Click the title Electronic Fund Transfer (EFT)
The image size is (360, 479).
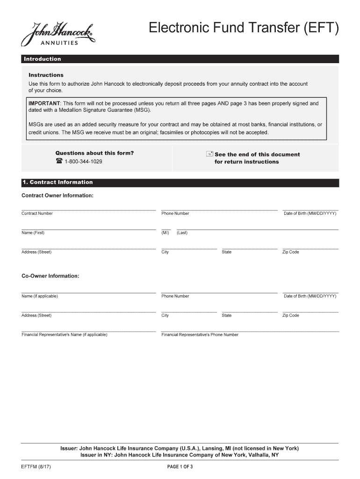click(x=243, y=29)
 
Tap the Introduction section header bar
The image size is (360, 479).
click(x=180, y=59)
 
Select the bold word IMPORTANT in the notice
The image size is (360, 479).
click(x=44, y=103)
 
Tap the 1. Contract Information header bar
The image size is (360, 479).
click(x=180, y=182)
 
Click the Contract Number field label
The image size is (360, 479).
click(x=37, y=213)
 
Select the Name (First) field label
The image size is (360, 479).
click(x=33, y=233)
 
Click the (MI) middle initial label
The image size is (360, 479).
click(x=165, y=233)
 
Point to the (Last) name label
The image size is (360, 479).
click(x=182, y=233)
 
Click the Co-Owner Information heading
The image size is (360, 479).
click(x=50, y=276)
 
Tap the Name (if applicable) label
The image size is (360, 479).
click(x=40, y=296)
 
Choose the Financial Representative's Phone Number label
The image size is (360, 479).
click(x=200, y=334)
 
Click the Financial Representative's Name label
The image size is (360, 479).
click(x=65, y=334)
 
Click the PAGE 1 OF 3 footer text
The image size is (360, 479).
click(x=180, y=467)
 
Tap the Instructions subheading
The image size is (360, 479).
click(x=46, y=75)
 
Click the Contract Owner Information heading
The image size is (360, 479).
click(x=58, y=195)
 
